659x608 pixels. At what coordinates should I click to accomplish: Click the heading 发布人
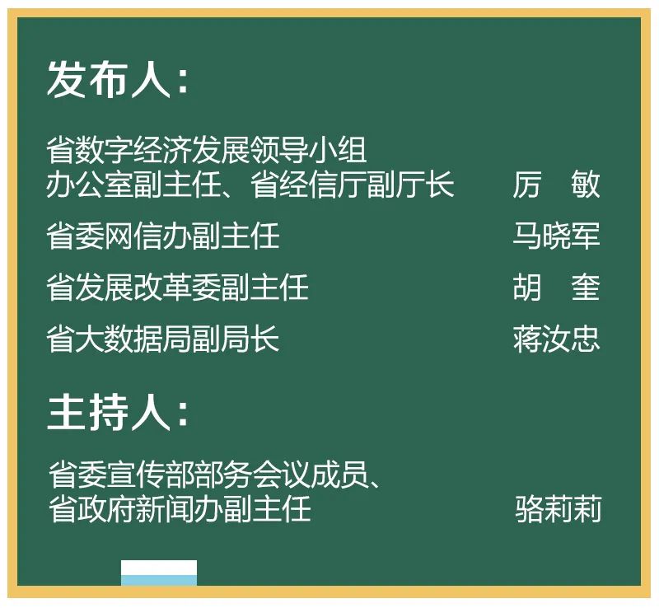coord(109,79)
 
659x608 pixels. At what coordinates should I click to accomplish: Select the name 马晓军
coord(556,236)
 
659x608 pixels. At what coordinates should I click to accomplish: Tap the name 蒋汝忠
coord(556,339)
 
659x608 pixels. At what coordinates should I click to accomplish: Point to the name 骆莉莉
coord(559,509)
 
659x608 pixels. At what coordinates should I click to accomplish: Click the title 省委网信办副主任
coord(163,236)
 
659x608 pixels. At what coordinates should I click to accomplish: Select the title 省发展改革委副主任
coord(177,288)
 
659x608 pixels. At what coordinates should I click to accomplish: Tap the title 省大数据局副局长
coord(163,339)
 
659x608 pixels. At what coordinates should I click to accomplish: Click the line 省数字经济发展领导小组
coord(207,150)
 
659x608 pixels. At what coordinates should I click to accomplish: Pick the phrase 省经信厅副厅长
coord(353,185)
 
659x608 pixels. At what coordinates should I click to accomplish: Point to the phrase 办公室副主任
coord(133,185)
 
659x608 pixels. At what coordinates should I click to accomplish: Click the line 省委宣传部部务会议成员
coord(208,475)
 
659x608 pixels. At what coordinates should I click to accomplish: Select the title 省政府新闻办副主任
coord(180,509)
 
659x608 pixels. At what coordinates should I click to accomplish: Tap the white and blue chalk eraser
coord(159,573)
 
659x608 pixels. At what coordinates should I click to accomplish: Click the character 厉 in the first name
coord(526,185)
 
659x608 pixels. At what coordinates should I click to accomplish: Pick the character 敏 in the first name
coord(586,185)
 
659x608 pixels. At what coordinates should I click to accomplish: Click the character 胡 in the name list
coord(526,288)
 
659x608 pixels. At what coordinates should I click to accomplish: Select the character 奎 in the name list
coord(586,288)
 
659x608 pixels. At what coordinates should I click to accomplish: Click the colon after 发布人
coord(183,82)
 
